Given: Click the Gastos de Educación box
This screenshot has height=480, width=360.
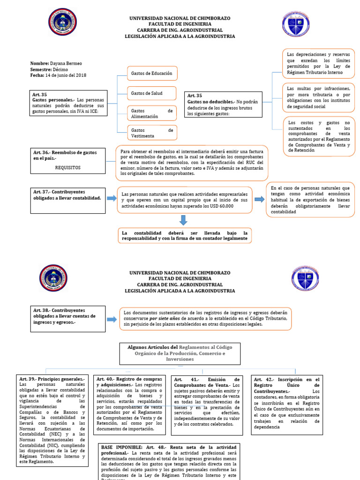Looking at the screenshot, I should pyautogui.click(x=152, y=74).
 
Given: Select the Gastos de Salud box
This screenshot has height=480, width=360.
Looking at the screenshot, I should pyautogui.click(x=152, y=94).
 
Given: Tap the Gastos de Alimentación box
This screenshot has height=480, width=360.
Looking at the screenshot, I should pyautogui.click(x=152, y=113).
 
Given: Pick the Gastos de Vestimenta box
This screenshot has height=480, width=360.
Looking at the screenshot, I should pyautogui.click(x=152, y=133).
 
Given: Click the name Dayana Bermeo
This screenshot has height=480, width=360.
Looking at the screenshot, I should pyautogui.click(x=69, y=63).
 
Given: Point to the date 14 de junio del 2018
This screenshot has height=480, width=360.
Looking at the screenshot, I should pyautogui.click(x=65, y=75).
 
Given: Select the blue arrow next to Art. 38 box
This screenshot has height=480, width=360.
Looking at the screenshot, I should pyautogui.click(x=112, y=319).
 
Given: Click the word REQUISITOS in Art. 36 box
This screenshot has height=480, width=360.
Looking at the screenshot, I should pyautogui.click(x=68, y=167).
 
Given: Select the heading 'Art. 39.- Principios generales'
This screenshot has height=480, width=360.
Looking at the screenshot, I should pyautogui.click(x=52, y=379).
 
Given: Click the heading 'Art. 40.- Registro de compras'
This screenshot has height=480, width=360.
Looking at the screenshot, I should pyautogui.click(x=129, y=379).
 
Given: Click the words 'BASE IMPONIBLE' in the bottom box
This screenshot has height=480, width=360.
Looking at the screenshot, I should pyautogui.click(x=117, y=448).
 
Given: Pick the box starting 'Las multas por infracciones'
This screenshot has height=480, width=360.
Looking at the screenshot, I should pyautogui.click(x=318, y=97).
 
